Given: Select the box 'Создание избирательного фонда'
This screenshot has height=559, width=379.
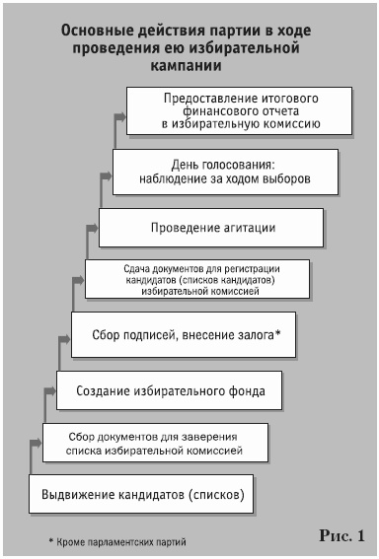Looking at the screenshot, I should pyautogui.click(x=171, y=391).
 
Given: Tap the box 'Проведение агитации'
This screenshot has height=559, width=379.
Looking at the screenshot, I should pyautogui.click(x=212, y=228).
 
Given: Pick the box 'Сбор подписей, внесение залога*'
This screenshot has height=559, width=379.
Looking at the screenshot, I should pyautogui.click(x=184, y=335).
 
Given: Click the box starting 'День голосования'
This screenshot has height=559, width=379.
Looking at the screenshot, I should pyautogui.click(x=226, y=173).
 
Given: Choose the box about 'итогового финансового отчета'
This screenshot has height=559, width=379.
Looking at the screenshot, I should pyautogui.click(x=241, y=111).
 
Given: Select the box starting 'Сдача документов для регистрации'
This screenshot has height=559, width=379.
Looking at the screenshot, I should pyautogui.click(x=197, y=279).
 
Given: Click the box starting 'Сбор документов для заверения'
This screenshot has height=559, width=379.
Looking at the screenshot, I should pyautogui.click(x=156, y=442).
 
